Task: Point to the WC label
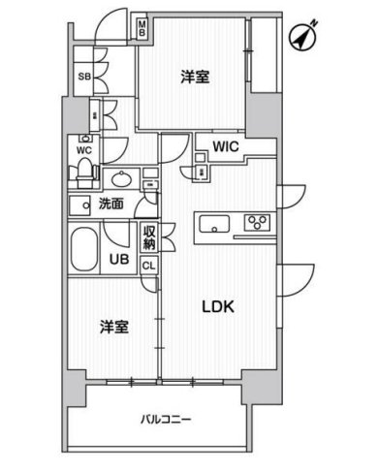(84, 149)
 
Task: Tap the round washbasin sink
(120, 179)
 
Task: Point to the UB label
(117, 259)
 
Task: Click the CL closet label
(149, 266)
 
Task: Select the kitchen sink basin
(213, 226)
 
